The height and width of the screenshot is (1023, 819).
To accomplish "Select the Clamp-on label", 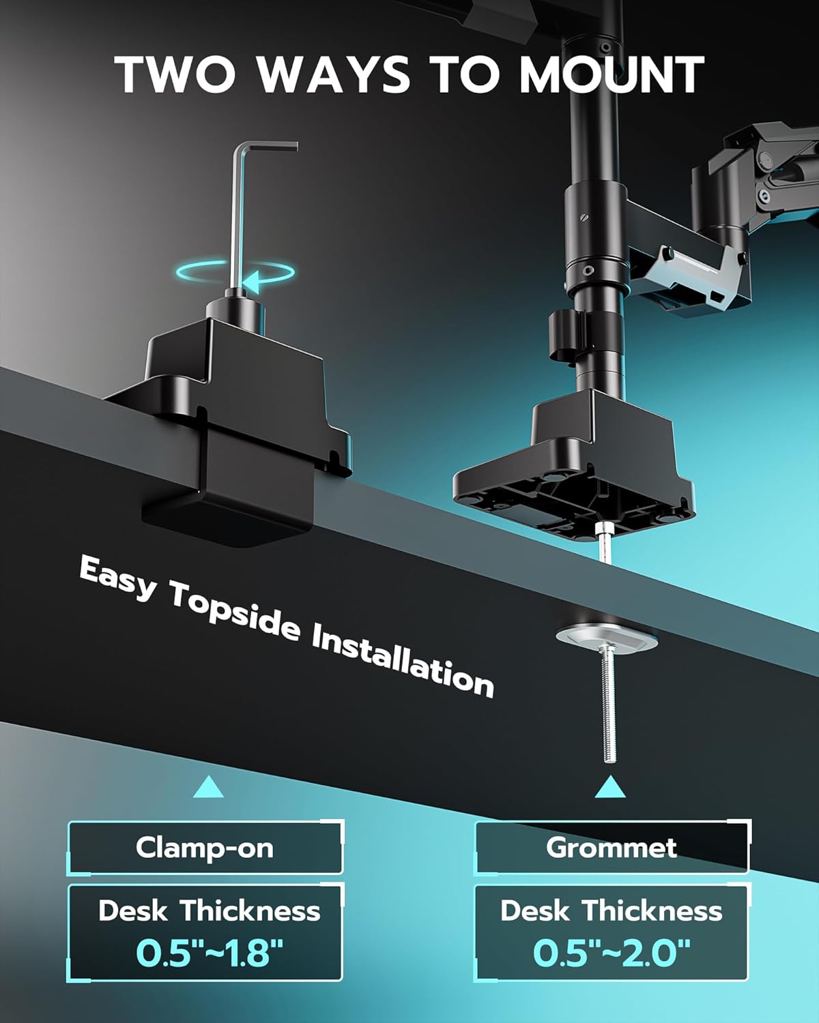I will [x=205, y=848].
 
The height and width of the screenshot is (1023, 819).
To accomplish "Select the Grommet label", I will [x=612, y=848].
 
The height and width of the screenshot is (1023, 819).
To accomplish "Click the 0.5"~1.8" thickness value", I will [x=209, y=952].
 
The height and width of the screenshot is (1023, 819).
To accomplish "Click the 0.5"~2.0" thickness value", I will [x=612, y=952].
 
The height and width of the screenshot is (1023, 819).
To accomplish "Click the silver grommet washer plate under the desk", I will [x=606, y=638].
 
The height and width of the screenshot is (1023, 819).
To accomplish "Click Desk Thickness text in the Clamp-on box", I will [x=209, y=911].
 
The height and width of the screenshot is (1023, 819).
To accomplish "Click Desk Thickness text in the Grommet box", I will [x=612, y=911].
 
